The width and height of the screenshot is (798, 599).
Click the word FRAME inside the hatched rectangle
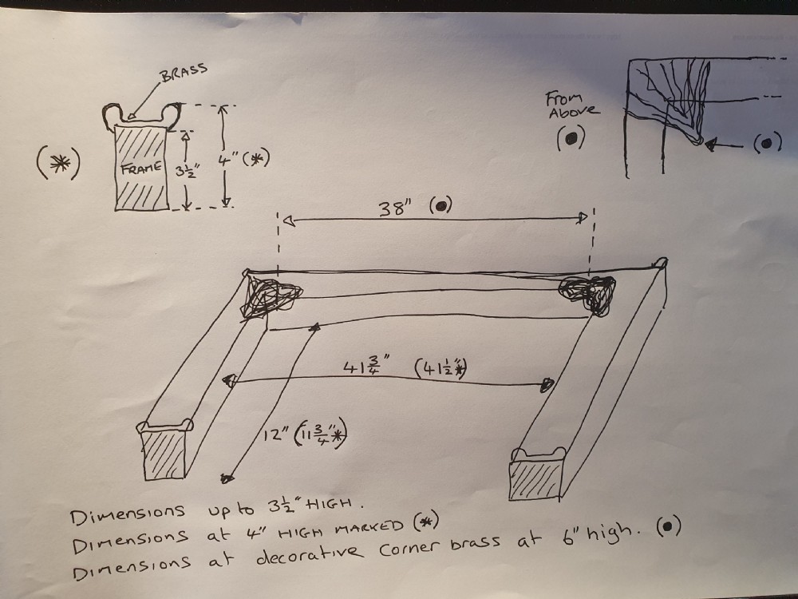pyautogui.click(x=141, y=168)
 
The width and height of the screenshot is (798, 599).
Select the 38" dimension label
pyautogui.click(x=395, y=208)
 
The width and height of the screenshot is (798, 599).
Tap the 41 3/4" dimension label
pyautogui.click(x=366, y=367)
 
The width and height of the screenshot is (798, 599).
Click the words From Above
pyautogui.click(x=572, y=105)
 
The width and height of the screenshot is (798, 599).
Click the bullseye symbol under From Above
pyautogui.click(x=571, y=137)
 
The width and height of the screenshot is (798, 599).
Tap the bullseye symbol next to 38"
pyautogui.click(x=441, y=205)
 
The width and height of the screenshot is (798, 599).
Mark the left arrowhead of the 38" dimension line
pyautogui.click(x=289, y=221)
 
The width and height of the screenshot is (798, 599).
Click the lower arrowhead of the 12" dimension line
pyautogui.click(x=227, y=478)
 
